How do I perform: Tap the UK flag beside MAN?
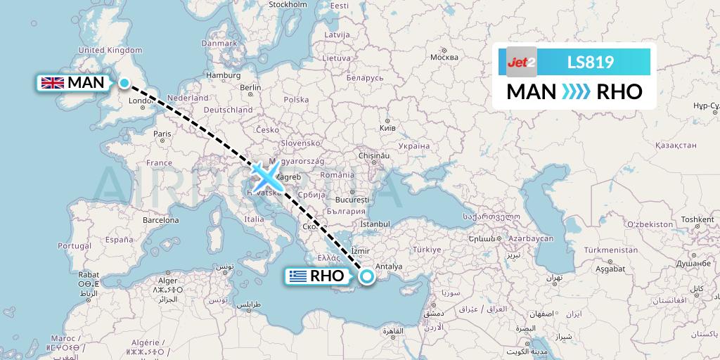tap(53, 83)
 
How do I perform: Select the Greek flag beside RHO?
tap(297, 276)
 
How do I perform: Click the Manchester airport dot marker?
tap(124, 84)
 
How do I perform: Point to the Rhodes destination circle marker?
tap(366, 277)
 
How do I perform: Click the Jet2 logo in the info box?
tap(522, 62)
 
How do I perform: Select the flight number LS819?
tap(591, 63)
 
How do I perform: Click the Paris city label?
tap(162, 134)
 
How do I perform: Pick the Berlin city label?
tap(250, 87)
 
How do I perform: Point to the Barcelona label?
tap(161, 219)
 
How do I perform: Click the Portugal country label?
tap(75, 246)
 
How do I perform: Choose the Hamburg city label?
tap(224, 75)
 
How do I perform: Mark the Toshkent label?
tap(697, 219)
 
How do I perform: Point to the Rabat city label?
tap(88, 274)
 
